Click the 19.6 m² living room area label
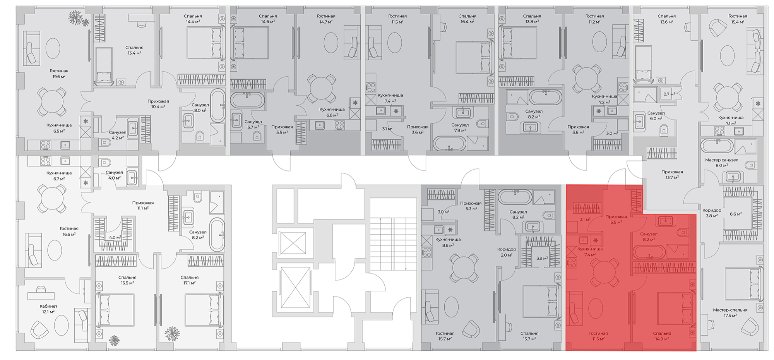[59, 77]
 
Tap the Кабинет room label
[48, 306]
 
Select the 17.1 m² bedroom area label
[189, 283]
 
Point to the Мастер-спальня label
[730, 310]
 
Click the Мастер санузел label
[721, 160]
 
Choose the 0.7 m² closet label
[669, 94]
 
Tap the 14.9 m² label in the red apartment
[662, 339]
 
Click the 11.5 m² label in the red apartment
[598, 339]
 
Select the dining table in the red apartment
[604, 271]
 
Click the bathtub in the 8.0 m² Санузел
[217, 105]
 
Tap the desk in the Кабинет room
[40, 295]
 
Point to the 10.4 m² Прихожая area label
[158, 107]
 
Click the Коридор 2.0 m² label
[507, 252]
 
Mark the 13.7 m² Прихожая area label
[672, 178]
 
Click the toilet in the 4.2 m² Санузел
[105, 142]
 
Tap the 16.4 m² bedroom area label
[467, 22]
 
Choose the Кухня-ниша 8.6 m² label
[447, 242]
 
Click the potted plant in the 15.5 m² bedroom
[114, 340]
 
